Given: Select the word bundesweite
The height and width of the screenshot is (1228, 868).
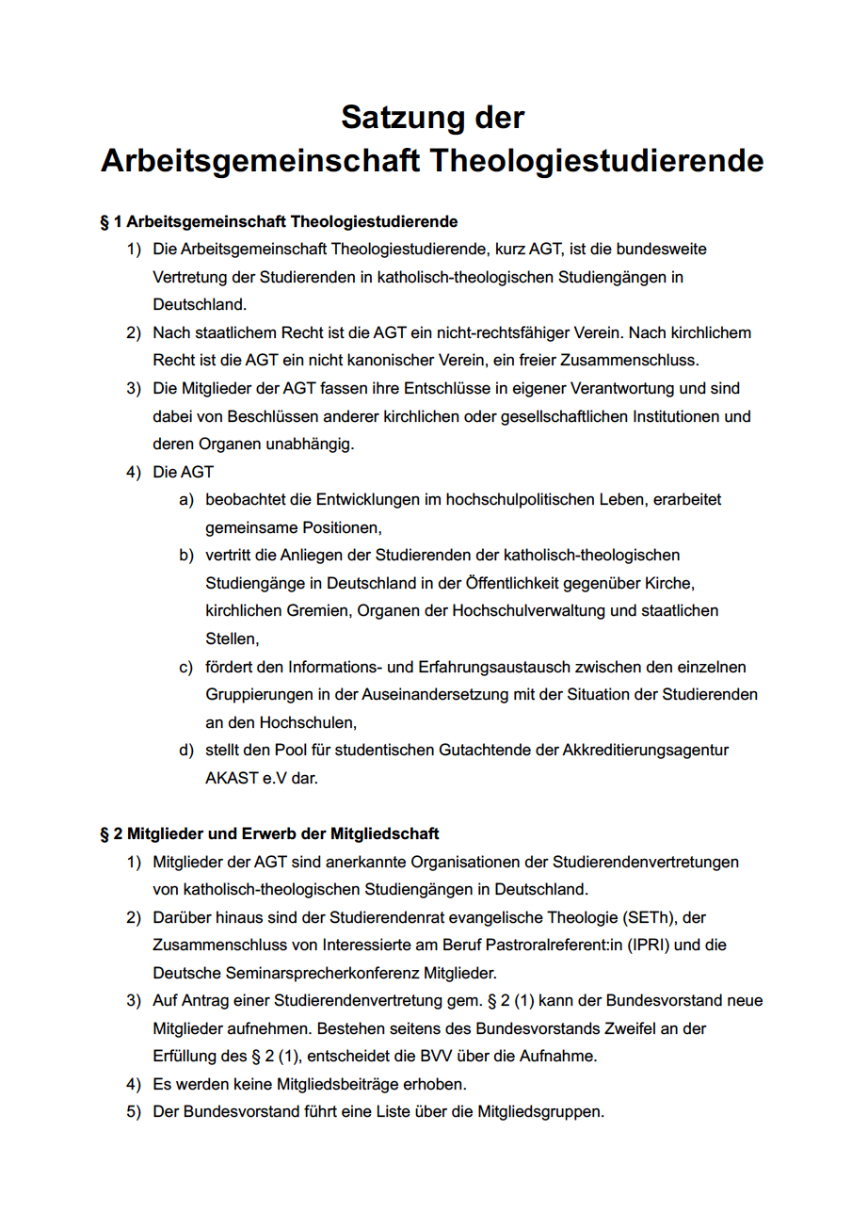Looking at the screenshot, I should point(664,250).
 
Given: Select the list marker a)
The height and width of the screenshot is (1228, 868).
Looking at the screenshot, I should point(186,499).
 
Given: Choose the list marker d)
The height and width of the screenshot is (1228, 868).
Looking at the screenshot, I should point(186,751).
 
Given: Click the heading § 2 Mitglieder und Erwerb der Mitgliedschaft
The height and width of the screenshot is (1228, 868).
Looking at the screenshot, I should point(269,834).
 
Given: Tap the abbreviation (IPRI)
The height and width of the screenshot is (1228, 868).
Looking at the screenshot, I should point(636,944).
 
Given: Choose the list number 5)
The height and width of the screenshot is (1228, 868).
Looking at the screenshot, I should point(134,1111).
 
